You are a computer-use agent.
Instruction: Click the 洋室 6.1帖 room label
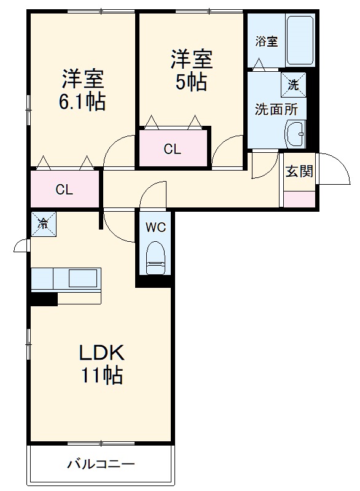click(82, 90)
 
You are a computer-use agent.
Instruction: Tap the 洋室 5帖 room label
click(192, 71)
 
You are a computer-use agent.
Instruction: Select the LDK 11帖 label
click(101, 364)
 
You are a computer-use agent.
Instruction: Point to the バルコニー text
click(101, 463)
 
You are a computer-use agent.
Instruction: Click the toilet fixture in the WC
click(155, 257)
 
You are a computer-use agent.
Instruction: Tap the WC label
click(155, 227)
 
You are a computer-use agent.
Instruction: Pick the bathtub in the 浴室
click(300, 40)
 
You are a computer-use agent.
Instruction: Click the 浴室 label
click(267, 41)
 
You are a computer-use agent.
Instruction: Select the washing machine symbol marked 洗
click(293, 85)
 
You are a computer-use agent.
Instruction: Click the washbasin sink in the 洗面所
click(295, 134)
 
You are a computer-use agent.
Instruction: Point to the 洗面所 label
click(276, 109)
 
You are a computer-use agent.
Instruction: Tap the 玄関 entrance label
click(299, 171)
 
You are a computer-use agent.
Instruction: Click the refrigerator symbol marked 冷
click(44, 224)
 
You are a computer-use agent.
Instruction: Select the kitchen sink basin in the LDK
click(83, 278)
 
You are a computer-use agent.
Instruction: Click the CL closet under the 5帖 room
click(173, 148)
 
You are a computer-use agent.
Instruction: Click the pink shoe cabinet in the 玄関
click(299, 199)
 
